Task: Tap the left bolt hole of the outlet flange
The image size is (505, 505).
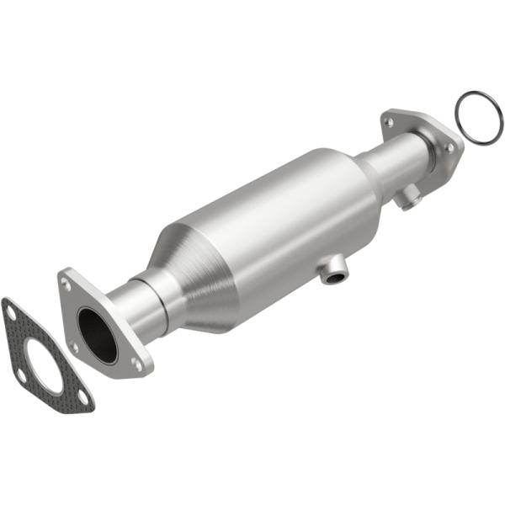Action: (389, 122)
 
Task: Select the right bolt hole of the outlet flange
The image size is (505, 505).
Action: (449, 147)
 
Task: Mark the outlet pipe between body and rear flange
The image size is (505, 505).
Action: (394, 168)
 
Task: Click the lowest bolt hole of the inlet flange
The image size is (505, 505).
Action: (136, 363)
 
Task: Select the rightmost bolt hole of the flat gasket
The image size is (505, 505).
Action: (82, 398)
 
